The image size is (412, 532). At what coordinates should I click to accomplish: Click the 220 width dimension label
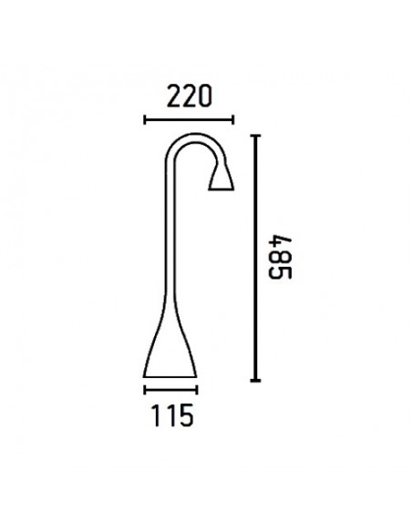click(x=190, y=95)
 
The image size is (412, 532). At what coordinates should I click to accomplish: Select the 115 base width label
click(x=171, y=415)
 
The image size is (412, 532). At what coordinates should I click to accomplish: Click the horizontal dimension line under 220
click(x=190, y=118)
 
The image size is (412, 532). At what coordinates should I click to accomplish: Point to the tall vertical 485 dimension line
click(x=256, y=258)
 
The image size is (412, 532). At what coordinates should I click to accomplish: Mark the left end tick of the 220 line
click(x=146, y=118)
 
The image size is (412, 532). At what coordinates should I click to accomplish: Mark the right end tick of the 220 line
click(x=233, y=118)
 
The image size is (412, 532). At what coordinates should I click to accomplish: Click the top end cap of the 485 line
click(x=256, y=136)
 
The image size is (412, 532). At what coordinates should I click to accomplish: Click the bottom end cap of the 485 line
click(x=256, y=380)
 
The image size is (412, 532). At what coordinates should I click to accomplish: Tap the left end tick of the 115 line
click(x=146, y=388)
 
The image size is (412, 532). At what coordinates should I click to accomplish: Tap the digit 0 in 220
click(x=205, y=95)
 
